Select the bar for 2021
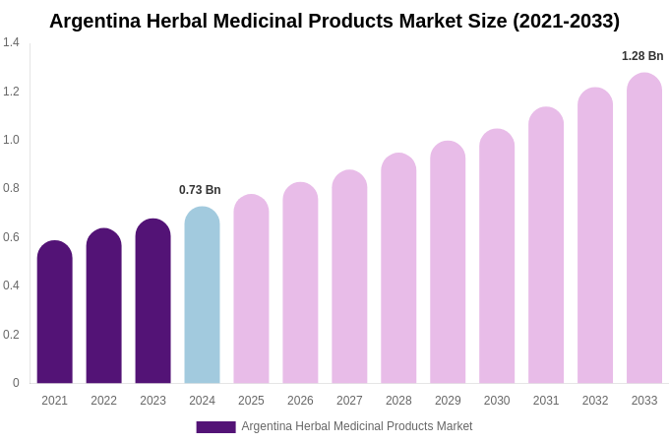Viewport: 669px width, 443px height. click(55, 312)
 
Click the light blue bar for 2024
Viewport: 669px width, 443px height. click(202, 295)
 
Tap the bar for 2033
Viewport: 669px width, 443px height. click(644, 228)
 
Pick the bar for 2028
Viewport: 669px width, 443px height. click(398, 268)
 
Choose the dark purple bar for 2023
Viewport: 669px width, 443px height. click(153, 301)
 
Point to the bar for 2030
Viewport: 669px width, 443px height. click(497, 256)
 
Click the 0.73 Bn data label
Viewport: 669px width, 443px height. click(200, 190)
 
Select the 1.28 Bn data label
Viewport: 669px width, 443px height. click(642, 56)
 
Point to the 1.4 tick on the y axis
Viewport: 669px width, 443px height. click(11, 42)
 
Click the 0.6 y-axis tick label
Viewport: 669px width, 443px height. click(11, 237)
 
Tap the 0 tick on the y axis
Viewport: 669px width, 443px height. click(16, 383)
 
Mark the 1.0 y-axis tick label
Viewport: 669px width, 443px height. click(11, 140)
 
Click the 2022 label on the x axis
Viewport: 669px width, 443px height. click(103, 401)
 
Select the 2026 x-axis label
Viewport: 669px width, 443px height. click(300, 401)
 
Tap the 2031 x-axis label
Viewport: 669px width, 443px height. click(546, 401)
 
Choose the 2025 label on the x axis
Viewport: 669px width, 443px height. click(251, 401)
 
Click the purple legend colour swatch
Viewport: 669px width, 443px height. click(215, 427)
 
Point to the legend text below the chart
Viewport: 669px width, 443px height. click(357, 426)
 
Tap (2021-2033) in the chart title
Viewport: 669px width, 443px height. click(566, 21)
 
